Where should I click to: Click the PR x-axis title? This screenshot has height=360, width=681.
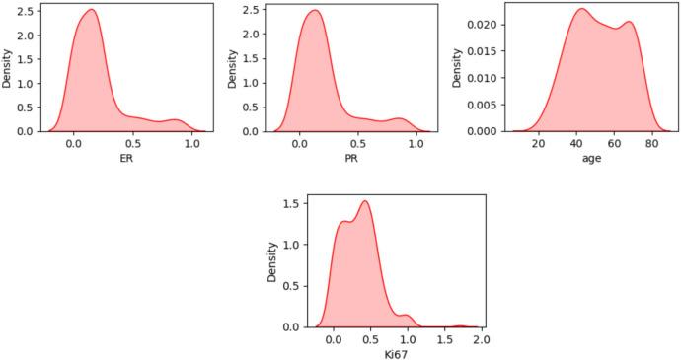[x=346, y=157]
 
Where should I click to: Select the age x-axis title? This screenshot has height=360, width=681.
[x=573, y=157]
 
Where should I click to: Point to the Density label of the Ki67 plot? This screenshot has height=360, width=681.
[x=272, y=261]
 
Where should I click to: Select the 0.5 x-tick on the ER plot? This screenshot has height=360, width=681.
[x=132, y=144]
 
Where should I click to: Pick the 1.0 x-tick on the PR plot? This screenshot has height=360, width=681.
[x=417, y=144]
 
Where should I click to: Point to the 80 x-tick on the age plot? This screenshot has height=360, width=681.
[x=651, y=144]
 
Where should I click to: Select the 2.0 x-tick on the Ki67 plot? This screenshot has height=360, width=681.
[x=481, y=340]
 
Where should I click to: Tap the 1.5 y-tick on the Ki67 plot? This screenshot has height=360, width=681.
[x=292, y=203]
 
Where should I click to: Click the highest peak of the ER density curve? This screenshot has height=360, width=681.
[x=91, y=10]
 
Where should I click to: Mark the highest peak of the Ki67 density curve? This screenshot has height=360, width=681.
[x=366, y=201]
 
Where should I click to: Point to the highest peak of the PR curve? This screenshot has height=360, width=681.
[x=314, y=11]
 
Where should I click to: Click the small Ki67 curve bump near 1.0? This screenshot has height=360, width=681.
[x=406, y=316]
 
